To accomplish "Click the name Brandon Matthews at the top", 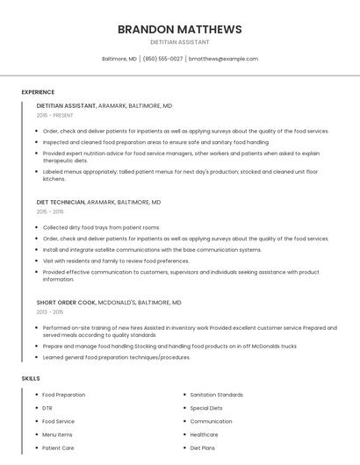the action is click(179, 29).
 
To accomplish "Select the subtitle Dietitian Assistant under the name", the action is click(179, 42).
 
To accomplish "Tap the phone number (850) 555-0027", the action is click(162, 59).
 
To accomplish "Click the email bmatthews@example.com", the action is click(223, 59).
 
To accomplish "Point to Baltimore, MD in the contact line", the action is click(119, 59).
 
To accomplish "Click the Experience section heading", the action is click(38, 92).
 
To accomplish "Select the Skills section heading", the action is click(31, 378).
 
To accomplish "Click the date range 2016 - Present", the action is click(54, 115).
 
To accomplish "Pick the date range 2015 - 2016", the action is click(50, 211).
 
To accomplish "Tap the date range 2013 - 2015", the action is click(50, 311).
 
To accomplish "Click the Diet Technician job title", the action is click(61, 202).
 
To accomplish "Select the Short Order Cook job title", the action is click(65, 302).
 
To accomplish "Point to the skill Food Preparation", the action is click(64, 395).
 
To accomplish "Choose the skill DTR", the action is click(47, 408).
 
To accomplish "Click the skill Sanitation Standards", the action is click(217, 395).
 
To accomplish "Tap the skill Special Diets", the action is click(206, 408).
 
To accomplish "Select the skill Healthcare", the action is click(205, 434).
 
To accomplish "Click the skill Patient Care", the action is click(58, 447).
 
